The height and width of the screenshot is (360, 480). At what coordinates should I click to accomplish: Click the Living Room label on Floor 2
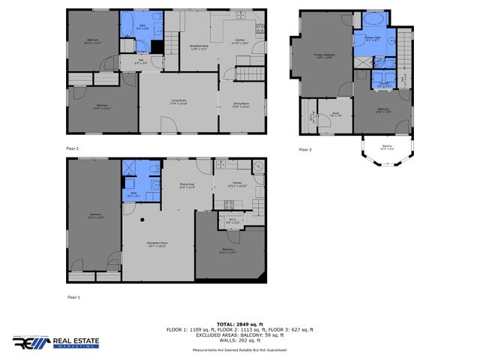178,103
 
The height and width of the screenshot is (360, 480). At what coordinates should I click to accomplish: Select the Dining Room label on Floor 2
241,106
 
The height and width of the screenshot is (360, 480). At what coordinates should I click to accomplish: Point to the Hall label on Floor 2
141,63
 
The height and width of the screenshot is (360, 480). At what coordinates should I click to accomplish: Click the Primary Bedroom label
324,58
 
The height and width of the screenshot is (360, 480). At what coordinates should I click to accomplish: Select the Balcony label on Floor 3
386,147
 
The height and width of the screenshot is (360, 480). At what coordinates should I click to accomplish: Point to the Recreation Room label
156,245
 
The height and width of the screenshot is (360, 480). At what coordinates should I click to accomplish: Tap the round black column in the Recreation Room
142,220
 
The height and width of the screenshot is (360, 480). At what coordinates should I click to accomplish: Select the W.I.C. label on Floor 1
232,222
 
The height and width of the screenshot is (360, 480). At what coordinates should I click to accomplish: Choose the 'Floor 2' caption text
72,148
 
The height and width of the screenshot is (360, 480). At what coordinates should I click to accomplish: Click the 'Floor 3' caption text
304,149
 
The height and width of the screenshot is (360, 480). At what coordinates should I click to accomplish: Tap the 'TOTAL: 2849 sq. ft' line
240,325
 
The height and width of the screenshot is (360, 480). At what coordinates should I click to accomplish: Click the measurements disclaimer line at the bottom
240,350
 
